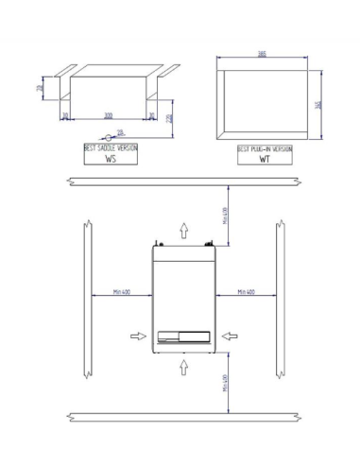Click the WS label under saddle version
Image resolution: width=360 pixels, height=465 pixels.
[x=110, y=160]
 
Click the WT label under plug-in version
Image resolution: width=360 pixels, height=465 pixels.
[x=265, y=160]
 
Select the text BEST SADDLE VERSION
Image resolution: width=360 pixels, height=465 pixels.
[x=110, y=148]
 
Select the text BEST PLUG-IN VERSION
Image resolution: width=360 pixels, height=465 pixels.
[x=265, y=148]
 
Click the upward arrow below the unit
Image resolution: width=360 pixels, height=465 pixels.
[x=185, y=365]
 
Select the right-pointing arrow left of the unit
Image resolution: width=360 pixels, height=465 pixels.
[x=139, y=334]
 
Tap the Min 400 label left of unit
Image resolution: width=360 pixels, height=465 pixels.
[x=121, y=292]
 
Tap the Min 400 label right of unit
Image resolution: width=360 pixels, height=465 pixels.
[x=246, y=292]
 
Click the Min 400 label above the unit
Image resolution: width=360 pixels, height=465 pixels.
[x=225, y=215]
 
